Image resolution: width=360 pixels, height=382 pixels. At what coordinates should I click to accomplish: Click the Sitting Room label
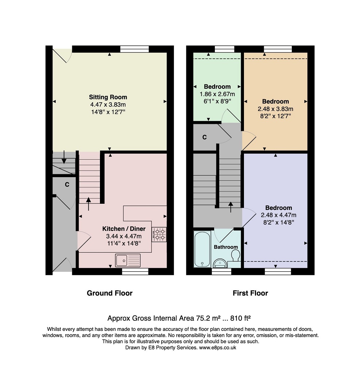[108, 97]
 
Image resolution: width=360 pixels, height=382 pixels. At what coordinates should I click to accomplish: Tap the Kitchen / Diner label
[124, 229]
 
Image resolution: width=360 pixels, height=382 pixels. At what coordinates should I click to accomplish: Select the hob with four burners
[159, 234]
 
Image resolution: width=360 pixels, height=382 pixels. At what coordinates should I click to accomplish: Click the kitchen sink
[128, 260]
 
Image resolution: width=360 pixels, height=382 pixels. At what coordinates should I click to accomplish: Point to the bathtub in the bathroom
[202, 249]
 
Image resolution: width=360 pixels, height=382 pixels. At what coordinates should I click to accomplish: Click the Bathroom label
[226, 247]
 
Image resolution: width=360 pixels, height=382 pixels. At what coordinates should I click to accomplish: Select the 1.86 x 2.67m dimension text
[217, 94]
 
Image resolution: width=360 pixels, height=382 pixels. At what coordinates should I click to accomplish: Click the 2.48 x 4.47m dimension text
[279, 215]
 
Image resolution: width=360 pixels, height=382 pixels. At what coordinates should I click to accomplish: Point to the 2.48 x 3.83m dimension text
[275, 109]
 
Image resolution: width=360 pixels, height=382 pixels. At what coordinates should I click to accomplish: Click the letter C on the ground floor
[67, 185]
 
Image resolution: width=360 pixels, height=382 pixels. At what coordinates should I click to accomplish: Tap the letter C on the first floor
[205, 137]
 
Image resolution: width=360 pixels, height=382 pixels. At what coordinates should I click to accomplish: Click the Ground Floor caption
[110, 293]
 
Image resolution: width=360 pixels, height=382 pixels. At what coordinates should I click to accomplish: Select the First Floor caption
[250, 293]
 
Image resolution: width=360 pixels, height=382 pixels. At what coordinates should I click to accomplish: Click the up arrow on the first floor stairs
[231, 207]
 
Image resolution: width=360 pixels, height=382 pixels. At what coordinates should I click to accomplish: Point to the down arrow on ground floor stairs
[64, 157]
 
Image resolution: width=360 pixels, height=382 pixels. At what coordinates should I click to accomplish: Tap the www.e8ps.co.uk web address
[217, 348]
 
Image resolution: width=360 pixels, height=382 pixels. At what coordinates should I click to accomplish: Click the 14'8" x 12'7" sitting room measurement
[108, 112]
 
